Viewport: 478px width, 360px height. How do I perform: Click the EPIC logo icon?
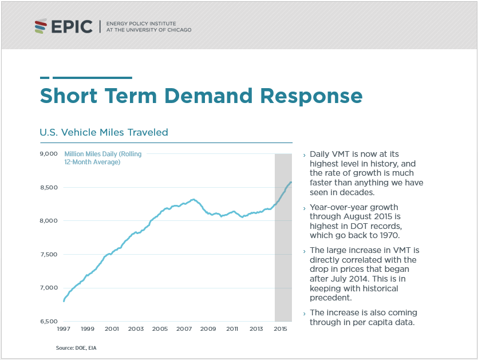pyautogui.click(x=40, y=26)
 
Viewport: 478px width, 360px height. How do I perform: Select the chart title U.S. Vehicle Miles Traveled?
pyautogui.click(x=104, y=132)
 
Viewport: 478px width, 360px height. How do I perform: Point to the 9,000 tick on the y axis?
pyautogui.click(x=49, y=153)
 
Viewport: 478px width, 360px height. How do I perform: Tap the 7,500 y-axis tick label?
pyautogui.click(x=49, y=254)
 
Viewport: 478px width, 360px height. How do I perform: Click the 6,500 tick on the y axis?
pyautogui.click(x=49, y=321)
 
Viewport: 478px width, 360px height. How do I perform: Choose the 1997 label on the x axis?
pyautogui.click(x=64, y=329)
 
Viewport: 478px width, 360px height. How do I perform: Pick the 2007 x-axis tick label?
pyautogui.click(x=184, y=329)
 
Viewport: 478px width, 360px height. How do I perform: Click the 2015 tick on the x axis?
pyautogui.click(x=281, y=329)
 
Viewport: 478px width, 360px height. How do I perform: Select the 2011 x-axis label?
pyautogui.click(x=232, y=329)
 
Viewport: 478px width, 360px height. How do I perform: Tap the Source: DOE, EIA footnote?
pyautogui.click(x=72, y=347)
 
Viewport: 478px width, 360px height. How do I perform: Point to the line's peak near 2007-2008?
pyautogui.click(x=193, y=199)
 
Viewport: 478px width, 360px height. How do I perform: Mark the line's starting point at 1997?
pyautogui.click(x=64, y=300)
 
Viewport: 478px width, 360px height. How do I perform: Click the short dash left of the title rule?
pyautogui.click(x=45, y=77)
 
